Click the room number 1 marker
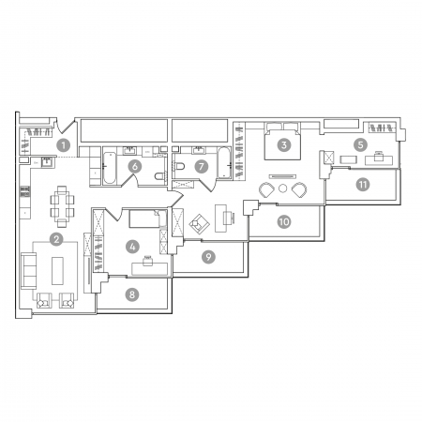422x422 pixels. click(64, 145)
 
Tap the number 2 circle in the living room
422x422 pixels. click(56, 239)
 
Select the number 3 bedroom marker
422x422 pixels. click(284, 145)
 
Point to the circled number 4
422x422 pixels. click(132, 247)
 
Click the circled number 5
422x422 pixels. click(360, 145)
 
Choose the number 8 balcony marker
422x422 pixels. click(132, 294)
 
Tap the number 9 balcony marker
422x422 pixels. click(208, 257)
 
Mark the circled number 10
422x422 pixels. click(284, 222)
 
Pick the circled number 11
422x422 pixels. click(363, 185)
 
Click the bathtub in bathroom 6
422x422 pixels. click(110, 168)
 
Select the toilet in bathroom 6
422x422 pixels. click(159, 176)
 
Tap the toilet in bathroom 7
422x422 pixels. click(180, 166)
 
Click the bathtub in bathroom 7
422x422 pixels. click(224, 162)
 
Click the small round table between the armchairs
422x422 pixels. click(282, 188)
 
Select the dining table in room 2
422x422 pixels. click(62, 206)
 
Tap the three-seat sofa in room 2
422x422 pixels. click(28, 271)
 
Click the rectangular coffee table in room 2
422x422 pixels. click(57, 271)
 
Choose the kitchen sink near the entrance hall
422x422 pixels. click(47, 162)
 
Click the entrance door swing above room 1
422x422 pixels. click(66, 126)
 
